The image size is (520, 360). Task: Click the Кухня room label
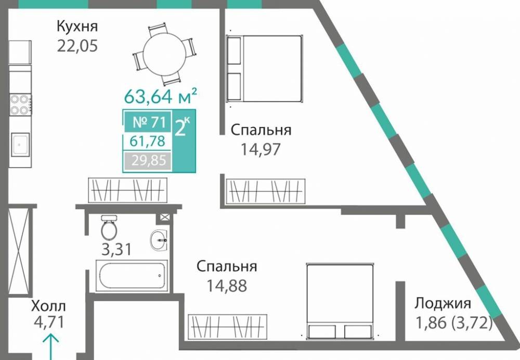pos(77,26)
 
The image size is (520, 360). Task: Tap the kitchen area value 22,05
pos(77,46)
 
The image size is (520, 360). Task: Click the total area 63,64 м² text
pos(160,96)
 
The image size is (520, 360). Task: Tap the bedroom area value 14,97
pos(261,150)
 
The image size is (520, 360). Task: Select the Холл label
pos(48,305)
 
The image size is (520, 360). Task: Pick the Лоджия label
pos(443,304)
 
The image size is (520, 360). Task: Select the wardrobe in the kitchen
pos(129,190)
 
